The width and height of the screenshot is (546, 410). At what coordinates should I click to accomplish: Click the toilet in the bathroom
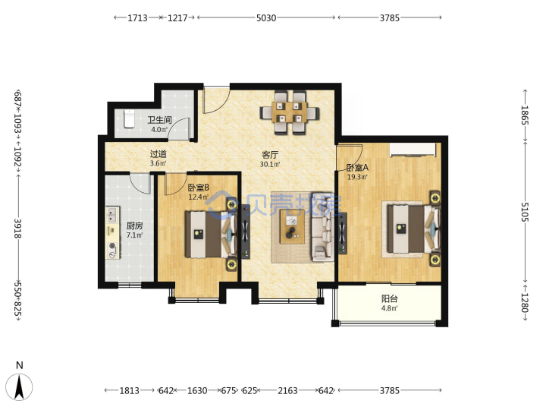[129, 118]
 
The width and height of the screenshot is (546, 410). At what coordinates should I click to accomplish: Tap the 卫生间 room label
[159, 120]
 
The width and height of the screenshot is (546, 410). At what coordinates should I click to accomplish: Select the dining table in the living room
[290, 112]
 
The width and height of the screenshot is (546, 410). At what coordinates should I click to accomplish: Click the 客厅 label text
[270, 154]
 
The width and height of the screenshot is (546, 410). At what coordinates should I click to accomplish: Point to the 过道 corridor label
[158, 153]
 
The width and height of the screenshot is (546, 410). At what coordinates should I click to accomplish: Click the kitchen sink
[112, 214]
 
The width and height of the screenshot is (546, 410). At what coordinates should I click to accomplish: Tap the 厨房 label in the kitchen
[134, 225]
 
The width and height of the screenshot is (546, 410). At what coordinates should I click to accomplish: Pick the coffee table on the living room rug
[292, 226]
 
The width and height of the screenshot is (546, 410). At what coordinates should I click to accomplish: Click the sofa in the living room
[323, 226]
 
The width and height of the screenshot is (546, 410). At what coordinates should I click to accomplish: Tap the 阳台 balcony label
[390, 299]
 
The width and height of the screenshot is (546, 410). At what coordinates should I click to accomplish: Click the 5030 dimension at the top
[266, 17]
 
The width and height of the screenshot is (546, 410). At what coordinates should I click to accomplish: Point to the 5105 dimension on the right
[525, 212]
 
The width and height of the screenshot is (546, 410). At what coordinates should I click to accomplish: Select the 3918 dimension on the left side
[17, 229]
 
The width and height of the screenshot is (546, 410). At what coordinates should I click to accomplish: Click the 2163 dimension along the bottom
[287, 390]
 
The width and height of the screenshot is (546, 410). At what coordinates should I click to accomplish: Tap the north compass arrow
[20, 386]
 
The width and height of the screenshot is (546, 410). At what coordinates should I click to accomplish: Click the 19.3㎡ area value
[357, 177]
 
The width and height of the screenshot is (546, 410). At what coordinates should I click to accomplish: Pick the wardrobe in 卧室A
[413, 150]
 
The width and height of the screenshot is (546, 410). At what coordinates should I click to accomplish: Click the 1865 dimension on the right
[525, 115]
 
